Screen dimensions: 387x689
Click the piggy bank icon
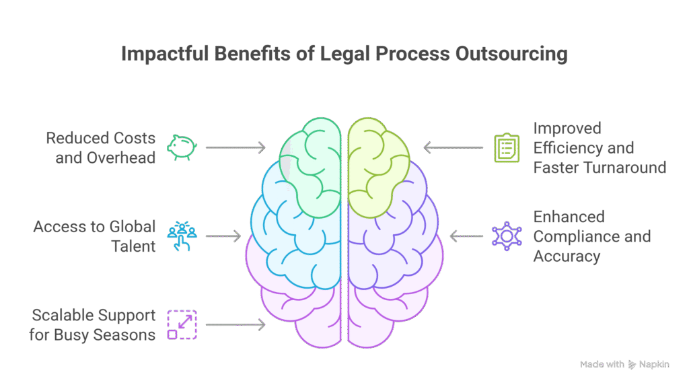click(181, 147)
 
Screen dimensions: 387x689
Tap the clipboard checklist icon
click(506, 147)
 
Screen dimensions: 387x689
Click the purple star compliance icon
click(506, 236)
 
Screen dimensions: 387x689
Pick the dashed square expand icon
click(181, 324)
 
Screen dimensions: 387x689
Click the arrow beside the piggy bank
click(235, 147)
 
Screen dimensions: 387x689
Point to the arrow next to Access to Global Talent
click(223, 236)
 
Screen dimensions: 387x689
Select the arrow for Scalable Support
click(235, 324)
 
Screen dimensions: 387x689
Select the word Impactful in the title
click(165, 55)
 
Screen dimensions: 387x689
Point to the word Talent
click(134, 246)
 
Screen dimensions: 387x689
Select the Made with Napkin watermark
click(625, 364)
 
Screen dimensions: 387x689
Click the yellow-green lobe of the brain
click(376, 162)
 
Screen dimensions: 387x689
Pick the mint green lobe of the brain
click(313, 165)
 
